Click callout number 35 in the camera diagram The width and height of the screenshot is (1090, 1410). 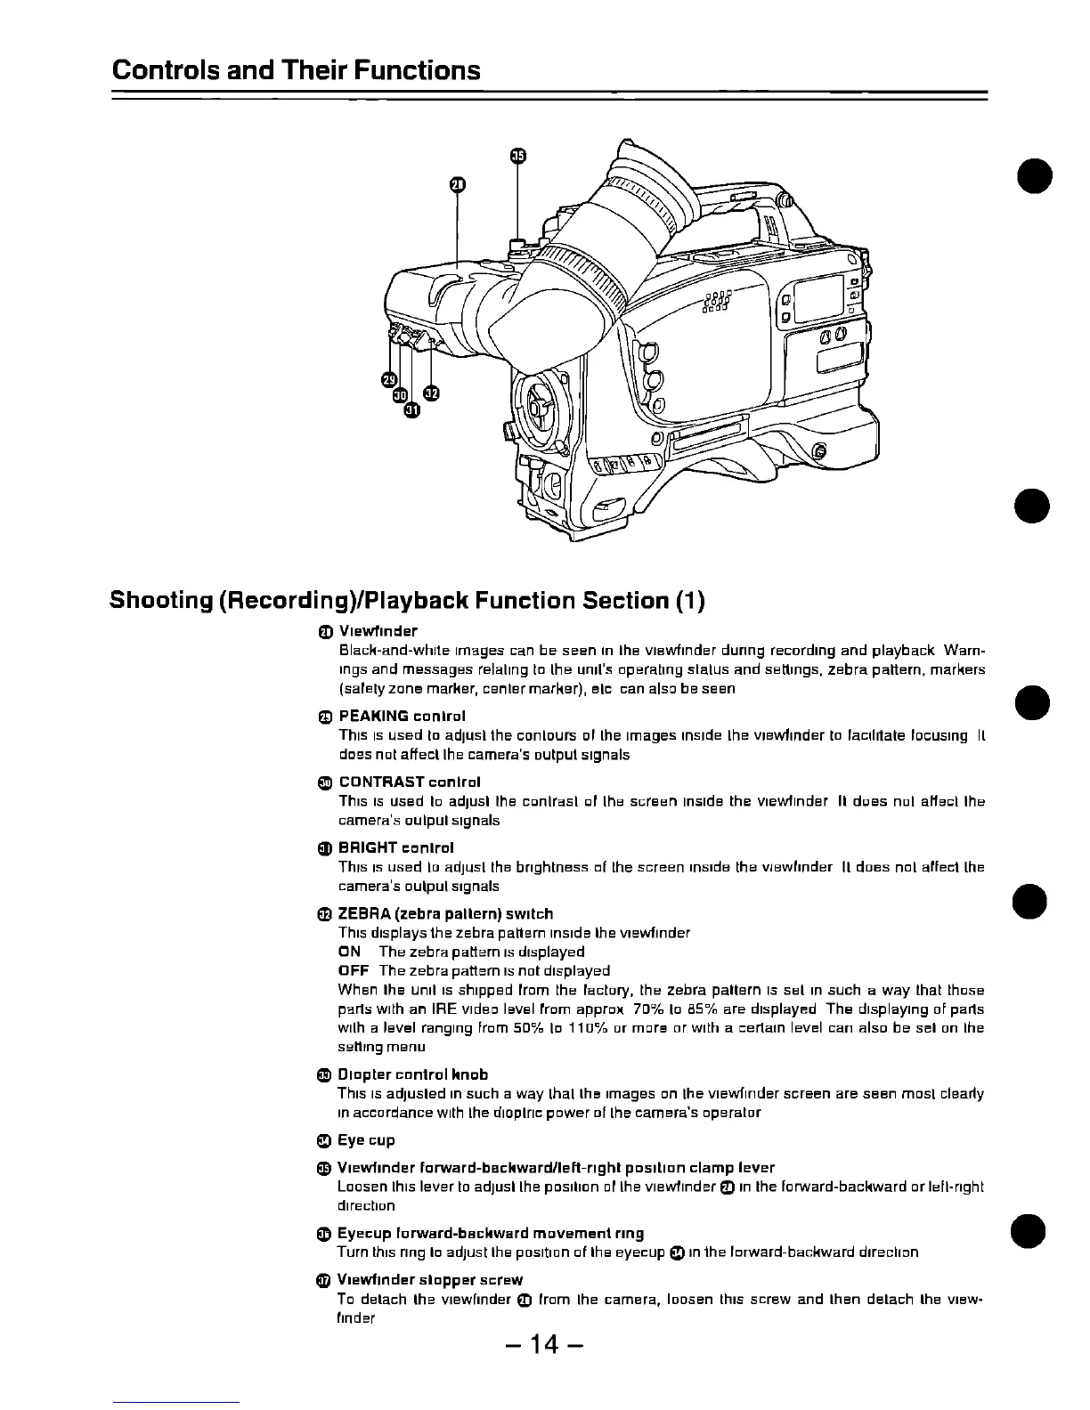[x=518, y=158]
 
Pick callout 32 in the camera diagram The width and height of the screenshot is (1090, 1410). [x=431, y=393]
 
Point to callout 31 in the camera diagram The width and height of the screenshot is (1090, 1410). [x=411, y=409]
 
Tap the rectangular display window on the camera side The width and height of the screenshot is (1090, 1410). [x=817, y=298]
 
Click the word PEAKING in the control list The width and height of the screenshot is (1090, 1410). [x=374, y=716]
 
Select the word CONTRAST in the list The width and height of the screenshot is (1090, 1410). [x=382, y=782]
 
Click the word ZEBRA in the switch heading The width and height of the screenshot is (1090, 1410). [x=365, y=913]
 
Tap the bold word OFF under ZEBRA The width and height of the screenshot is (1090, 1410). [x=353, y=970]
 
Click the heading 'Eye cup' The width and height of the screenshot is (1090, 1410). [x=366, y=1140]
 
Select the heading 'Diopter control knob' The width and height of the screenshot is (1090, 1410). [x=413, y=1074]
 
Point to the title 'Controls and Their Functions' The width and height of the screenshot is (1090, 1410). [x=296, y=69]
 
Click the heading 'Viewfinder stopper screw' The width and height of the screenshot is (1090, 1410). [x=430, y=1279]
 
